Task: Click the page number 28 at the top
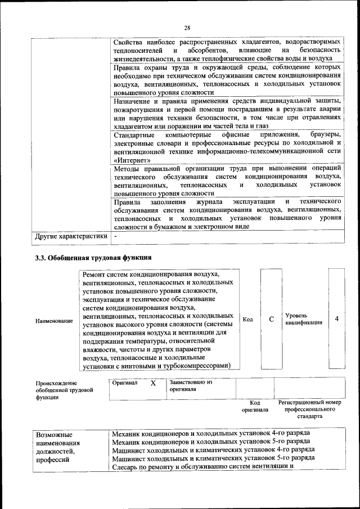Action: point(187,28)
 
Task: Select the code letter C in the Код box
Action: point(271,319)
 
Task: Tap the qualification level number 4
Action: point(336,319)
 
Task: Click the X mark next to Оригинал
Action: point(152,384)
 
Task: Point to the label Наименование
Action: point(54,321)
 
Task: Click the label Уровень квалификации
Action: point(304,319)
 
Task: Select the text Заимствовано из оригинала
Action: point(190,385)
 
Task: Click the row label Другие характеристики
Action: point(71,236)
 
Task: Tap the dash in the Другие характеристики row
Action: point(115,236)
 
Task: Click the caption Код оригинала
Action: point(254,406)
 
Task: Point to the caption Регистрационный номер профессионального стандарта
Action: point(309,410)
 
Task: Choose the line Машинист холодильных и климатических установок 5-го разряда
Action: point(213,458)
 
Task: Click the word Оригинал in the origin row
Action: point(124,382)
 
